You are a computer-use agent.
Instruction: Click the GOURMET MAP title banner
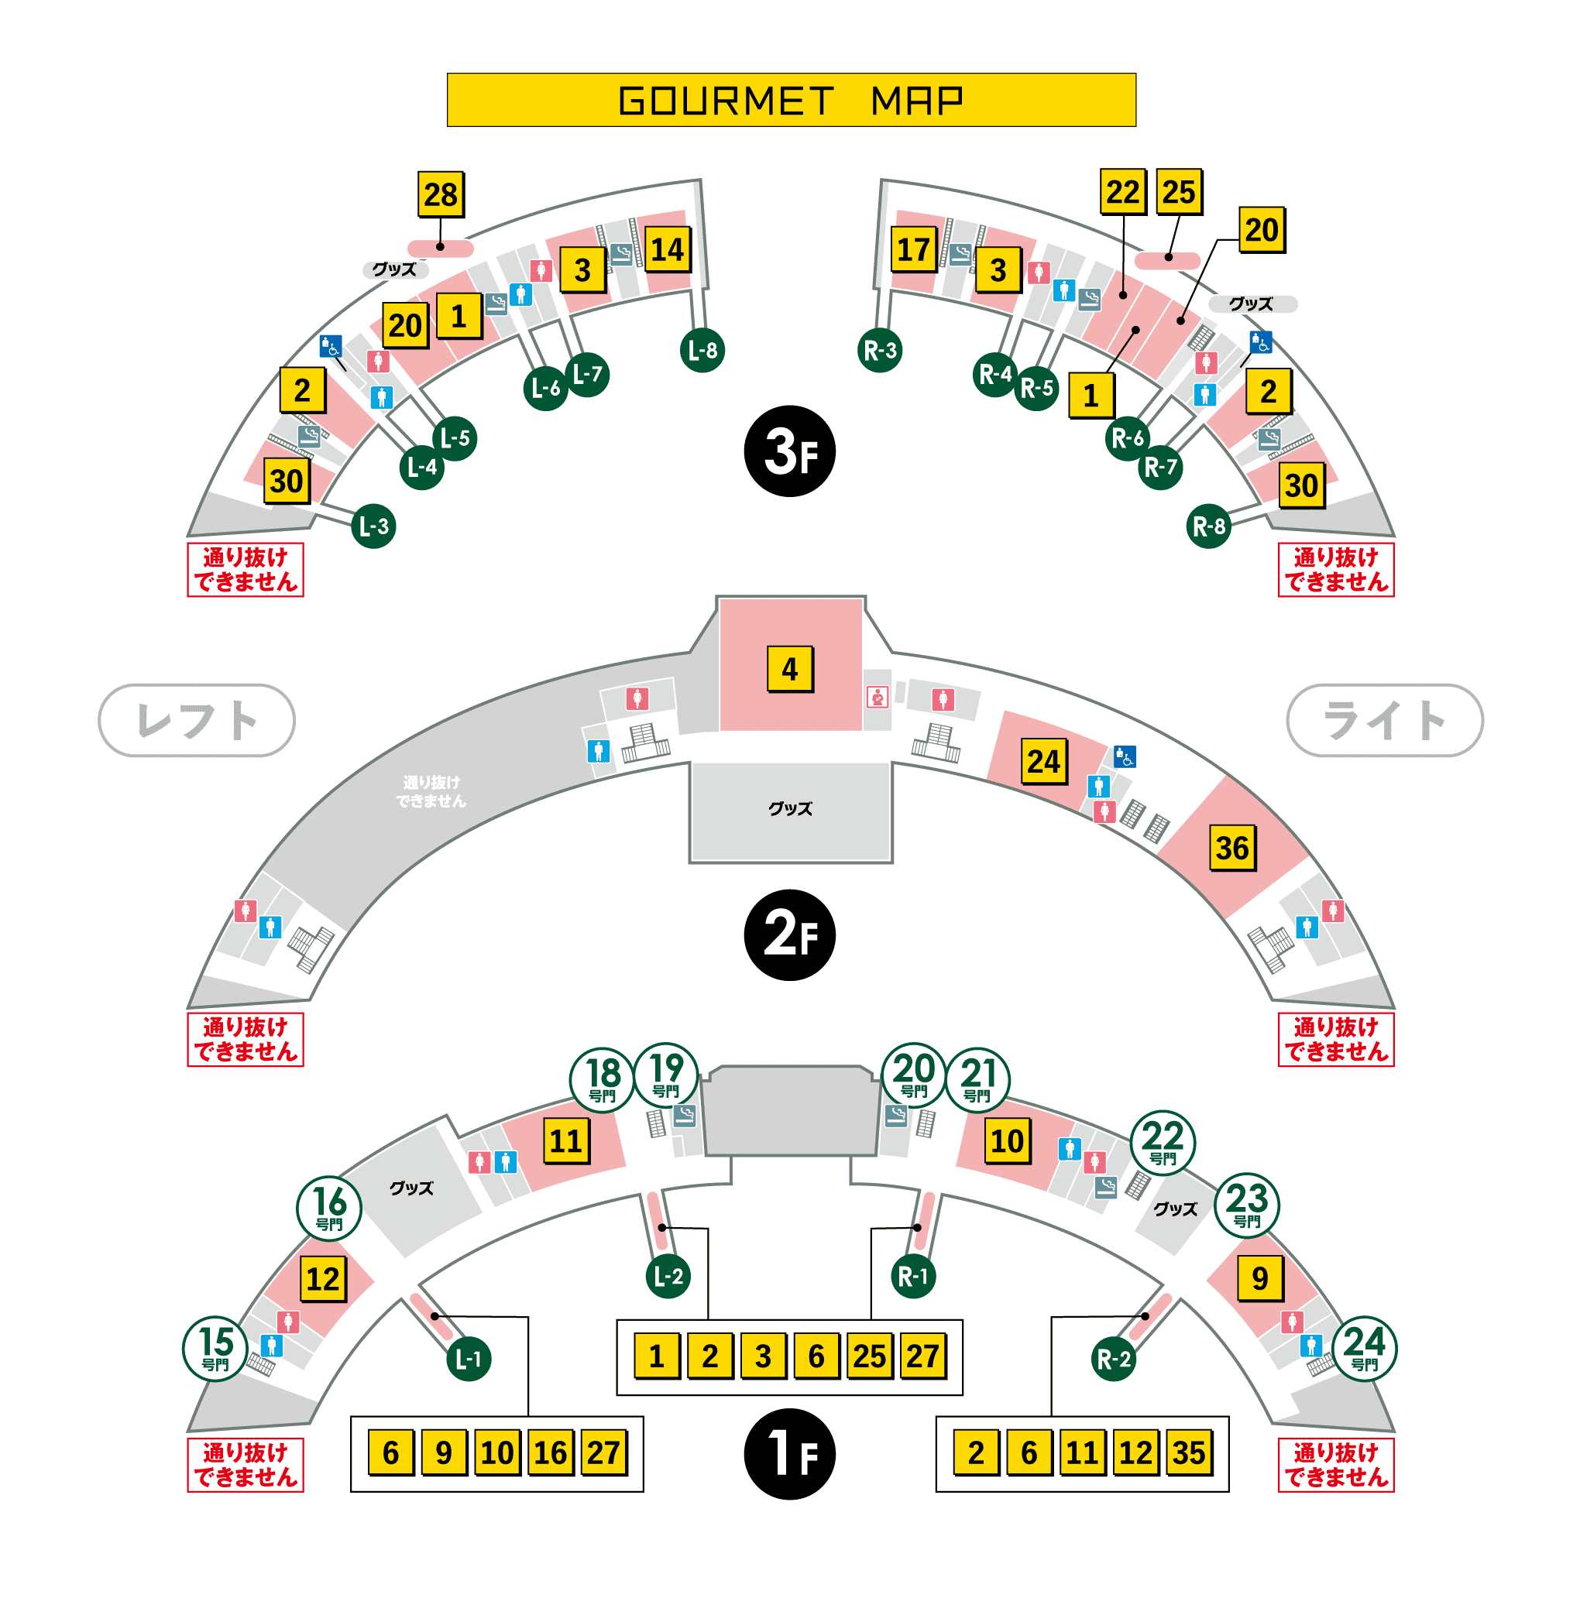tap(791, 100)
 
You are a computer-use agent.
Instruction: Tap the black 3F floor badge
tap(789, 451)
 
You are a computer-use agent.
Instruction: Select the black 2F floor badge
tap(789, 934)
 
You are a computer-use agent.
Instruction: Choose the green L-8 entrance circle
tap(702, 351)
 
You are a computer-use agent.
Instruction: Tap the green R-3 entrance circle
tap(879, 351)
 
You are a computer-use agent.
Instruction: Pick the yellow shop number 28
tap(440, 194)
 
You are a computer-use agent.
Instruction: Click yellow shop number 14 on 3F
tap(667, 249)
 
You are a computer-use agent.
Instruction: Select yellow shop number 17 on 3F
tap(913, 249)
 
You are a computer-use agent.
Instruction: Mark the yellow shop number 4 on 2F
tap(789, 668)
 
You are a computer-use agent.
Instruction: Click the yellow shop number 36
tap(1231, 848)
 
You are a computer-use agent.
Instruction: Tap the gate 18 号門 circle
tap(603, 1078)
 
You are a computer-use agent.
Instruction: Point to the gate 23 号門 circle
tap(1247, 1204)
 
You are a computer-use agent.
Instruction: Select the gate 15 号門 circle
tap(215, 1348)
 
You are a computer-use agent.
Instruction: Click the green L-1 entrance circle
tap(469, 1358)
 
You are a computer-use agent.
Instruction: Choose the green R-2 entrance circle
tap(1113, 1358)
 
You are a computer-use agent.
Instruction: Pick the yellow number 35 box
tap(1189, 1452)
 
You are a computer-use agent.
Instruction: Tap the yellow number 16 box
tap(550, 1452)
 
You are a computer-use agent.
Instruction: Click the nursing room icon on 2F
tap(878, 698)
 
